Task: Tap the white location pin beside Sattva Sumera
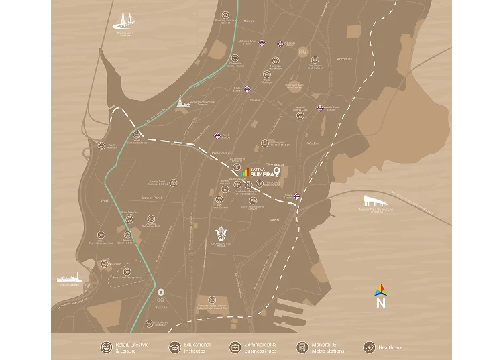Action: (x=276, y=172)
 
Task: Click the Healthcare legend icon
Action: (x=369, y=347)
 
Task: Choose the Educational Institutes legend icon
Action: (x=174, y=347)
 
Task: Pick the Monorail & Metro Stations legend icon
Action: (x=302, y=347)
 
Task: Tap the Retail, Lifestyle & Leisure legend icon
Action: (x=106, y=347)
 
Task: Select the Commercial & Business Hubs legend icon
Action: (x=235, y=347)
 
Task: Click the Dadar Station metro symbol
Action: (x=247, y=88)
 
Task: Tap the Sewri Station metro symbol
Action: (x=297, y=196)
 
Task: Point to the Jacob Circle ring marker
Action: (x=161, y=293)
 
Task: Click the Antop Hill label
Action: (x=345, y=59)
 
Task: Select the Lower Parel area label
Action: (x=152, y=198)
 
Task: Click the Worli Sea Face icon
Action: (x=101, y=145)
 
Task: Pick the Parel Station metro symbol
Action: (x=217, y=136)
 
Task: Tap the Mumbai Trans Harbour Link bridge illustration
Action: (x=374, y=201)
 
